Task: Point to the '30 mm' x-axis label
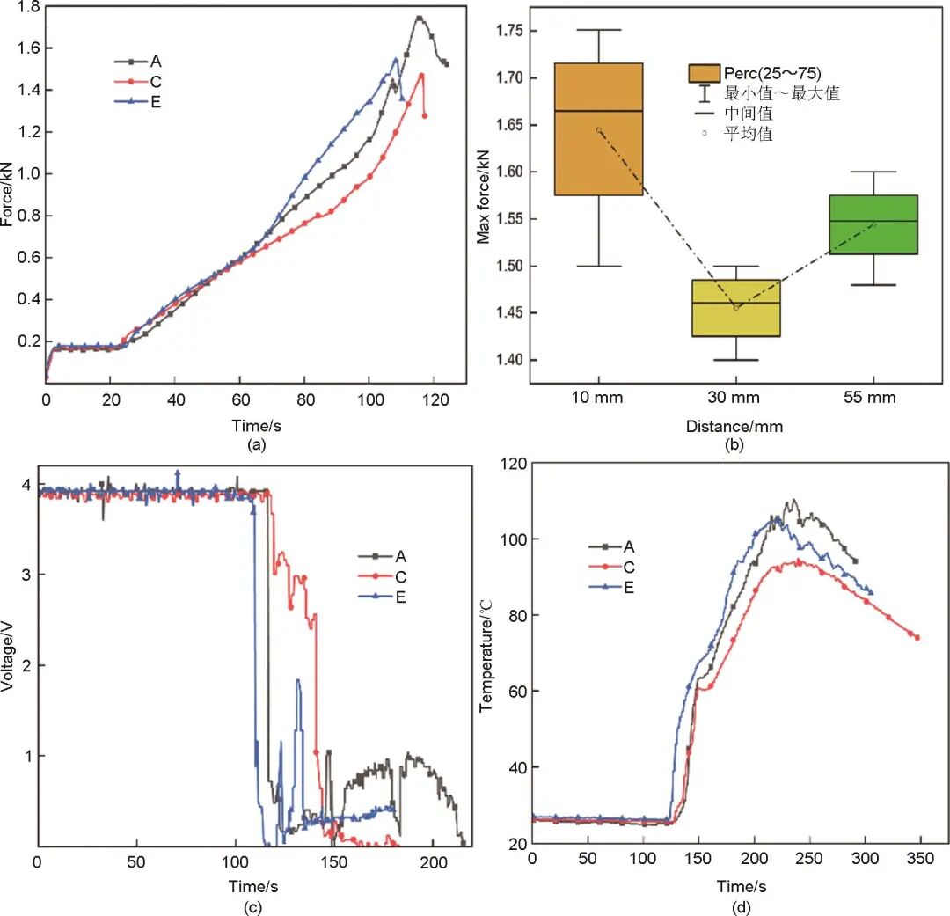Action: coord(735,398)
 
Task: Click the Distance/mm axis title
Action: coord(735,427)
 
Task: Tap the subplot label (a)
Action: coord(256,445)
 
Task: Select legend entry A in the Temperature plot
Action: coord(629,546)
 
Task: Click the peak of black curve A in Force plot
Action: coord(419,17)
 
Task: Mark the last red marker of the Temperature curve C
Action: coord(917,637)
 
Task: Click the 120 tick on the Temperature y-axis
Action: coord(513,463)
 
